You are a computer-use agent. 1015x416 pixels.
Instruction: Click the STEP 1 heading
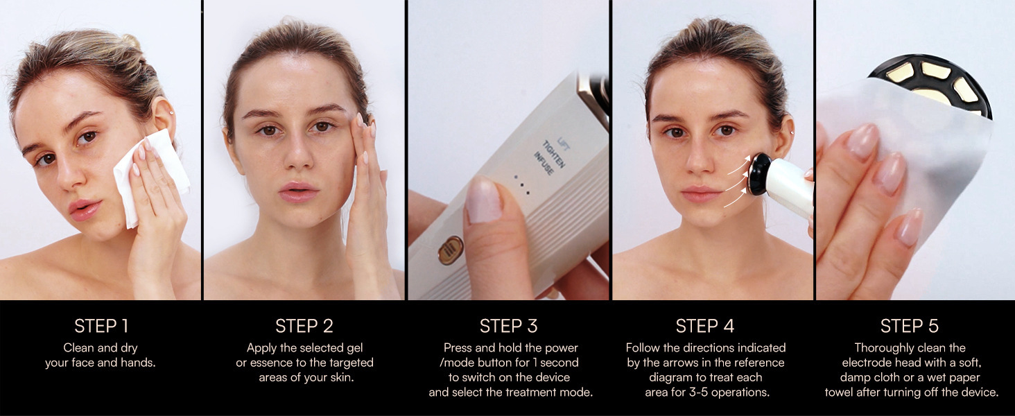click(101, 326)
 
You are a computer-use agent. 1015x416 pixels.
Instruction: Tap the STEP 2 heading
click(304, 326)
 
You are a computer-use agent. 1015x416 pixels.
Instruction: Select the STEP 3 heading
click(508, 326)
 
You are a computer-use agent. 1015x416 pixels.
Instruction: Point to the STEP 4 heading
click(704, 326)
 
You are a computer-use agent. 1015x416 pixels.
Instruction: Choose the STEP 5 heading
click(910, 326)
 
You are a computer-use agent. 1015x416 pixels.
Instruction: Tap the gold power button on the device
click(451, 250)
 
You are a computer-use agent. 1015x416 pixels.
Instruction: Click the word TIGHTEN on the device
click(554, 154)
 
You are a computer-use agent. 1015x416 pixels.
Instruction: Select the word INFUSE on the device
click(544, 163)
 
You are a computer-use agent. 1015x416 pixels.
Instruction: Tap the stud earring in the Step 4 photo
click(791, 132)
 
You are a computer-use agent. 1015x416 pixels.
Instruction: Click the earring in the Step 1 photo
click(171, 112)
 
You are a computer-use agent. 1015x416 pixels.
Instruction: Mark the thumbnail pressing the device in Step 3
click(484, 200)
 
